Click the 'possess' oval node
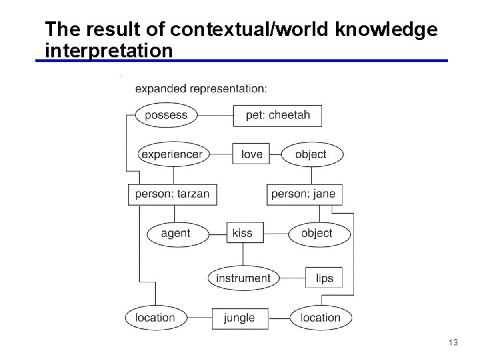point(166,115)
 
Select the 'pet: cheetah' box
point(277,115)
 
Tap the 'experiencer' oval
point(172,154)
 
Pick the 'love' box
point(251,154)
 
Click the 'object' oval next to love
point(311,154)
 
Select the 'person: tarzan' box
point(172,194)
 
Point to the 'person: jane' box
point(303,194)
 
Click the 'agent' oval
point(176,233)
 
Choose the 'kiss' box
point(242,233)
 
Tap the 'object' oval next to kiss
point(317,233)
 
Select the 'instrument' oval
point(243,278)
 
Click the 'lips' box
point(324,278)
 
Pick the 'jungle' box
point(239,318)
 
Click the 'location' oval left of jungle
point(155,318)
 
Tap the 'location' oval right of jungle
point(321,318)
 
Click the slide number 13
point(453,343)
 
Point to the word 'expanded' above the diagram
point(161,89)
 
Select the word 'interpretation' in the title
point(109,50)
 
